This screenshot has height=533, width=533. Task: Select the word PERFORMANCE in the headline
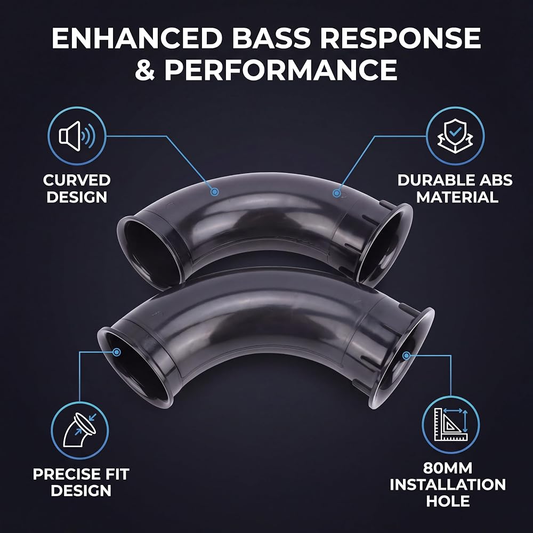click(x=281, y=70)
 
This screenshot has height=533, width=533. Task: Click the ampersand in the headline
click(x=145, y=70)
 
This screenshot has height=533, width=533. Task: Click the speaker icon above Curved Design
click(x=77, y=136)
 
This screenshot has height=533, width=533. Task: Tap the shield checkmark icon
click(x=455, y=136)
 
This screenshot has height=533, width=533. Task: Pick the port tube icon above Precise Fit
click(x=79, y=430)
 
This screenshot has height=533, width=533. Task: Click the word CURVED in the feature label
click(x=77, y=180)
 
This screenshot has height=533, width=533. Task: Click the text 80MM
click(x=448, y=468)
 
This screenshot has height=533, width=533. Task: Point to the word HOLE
click(x=448, y=501)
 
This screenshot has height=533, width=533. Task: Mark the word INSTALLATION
click(x=448, y=484)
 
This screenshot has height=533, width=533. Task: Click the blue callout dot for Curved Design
click(x=214, y=192)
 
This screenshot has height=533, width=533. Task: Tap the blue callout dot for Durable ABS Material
click(x=336, y=193)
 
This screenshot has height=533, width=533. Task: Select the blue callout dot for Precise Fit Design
click(x=116, y=352)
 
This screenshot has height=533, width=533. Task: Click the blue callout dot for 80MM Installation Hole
click(x=406, y=356)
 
